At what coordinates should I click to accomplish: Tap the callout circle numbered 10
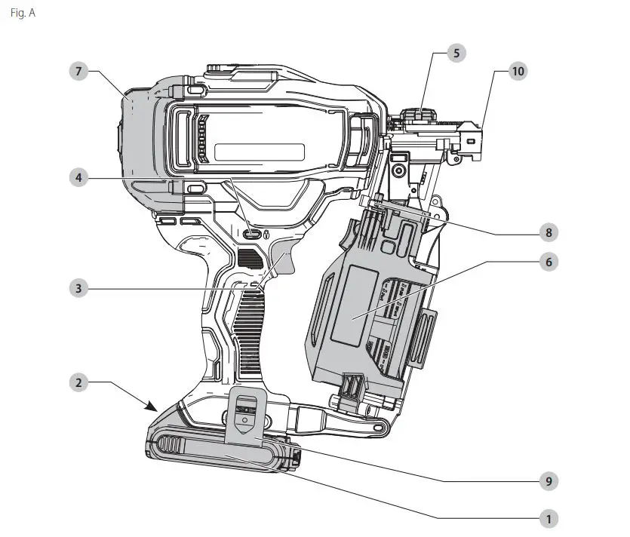(x=517, y=72)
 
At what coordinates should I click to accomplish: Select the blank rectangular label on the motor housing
(x=259, y=151)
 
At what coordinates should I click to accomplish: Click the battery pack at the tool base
(x=219, y=453)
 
